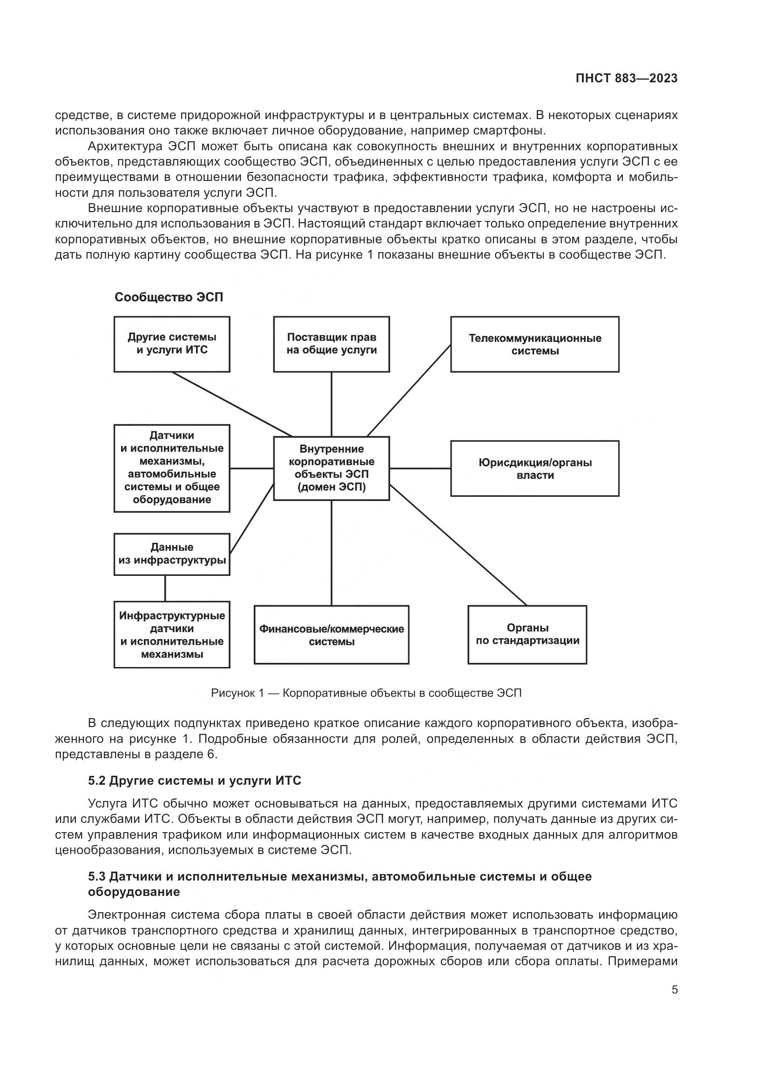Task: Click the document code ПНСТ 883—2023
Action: coord(626,79)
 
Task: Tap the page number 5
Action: coord(674,990)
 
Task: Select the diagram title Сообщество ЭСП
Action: coord(169,297)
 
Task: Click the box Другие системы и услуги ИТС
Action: coord(172,344)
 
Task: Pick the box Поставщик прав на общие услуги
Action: coord(331,344)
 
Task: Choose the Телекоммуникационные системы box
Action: coord(534,345)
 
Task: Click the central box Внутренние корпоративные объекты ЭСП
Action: coord(331,468)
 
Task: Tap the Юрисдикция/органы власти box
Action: coord(534,469)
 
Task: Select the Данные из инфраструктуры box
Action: coord(172,554)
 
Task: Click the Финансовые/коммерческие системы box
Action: coord(331,635)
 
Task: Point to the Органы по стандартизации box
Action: coord(527,634)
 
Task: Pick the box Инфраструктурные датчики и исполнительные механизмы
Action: coord(172,635)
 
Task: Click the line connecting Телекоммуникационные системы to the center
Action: coord(409,390)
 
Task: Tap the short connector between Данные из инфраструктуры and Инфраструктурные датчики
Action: coord(165,588)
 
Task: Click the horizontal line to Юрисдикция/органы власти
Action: coord(419,468)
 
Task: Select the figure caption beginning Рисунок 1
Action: coord(366,693)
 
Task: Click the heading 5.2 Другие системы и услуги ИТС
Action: coord(195,781)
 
